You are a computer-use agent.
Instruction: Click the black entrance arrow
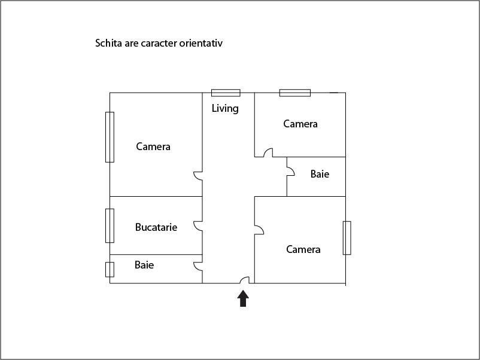243,298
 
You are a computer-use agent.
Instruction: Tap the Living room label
225,109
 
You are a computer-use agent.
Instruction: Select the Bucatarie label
156,227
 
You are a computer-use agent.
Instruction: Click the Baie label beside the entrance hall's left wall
144,265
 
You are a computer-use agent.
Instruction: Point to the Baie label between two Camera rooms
320,174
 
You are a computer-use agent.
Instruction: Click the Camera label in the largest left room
153,147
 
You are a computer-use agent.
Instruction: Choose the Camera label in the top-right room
300,124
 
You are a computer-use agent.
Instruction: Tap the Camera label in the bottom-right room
303,249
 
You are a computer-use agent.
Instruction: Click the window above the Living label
226,93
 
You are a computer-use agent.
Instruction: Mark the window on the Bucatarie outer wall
110,225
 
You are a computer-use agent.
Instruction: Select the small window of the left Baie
110,270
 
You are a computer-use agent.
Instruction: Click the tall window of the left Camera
110,137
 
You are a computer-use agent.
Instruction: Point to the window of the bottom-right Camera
347,238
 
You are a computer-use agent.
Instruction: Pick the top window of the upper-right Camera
295,93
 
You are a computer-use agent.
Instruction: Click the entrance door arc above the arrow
245,280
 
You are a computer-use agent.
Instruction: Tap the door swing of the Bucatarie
198,226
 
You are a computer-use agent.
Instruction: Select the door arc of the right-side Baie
291,171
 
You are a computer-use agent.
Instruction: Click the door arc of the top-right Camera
268,152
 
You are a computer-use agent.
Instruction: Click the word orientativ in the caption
201,43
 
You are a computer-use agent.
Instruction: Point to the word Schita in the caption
109,43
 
